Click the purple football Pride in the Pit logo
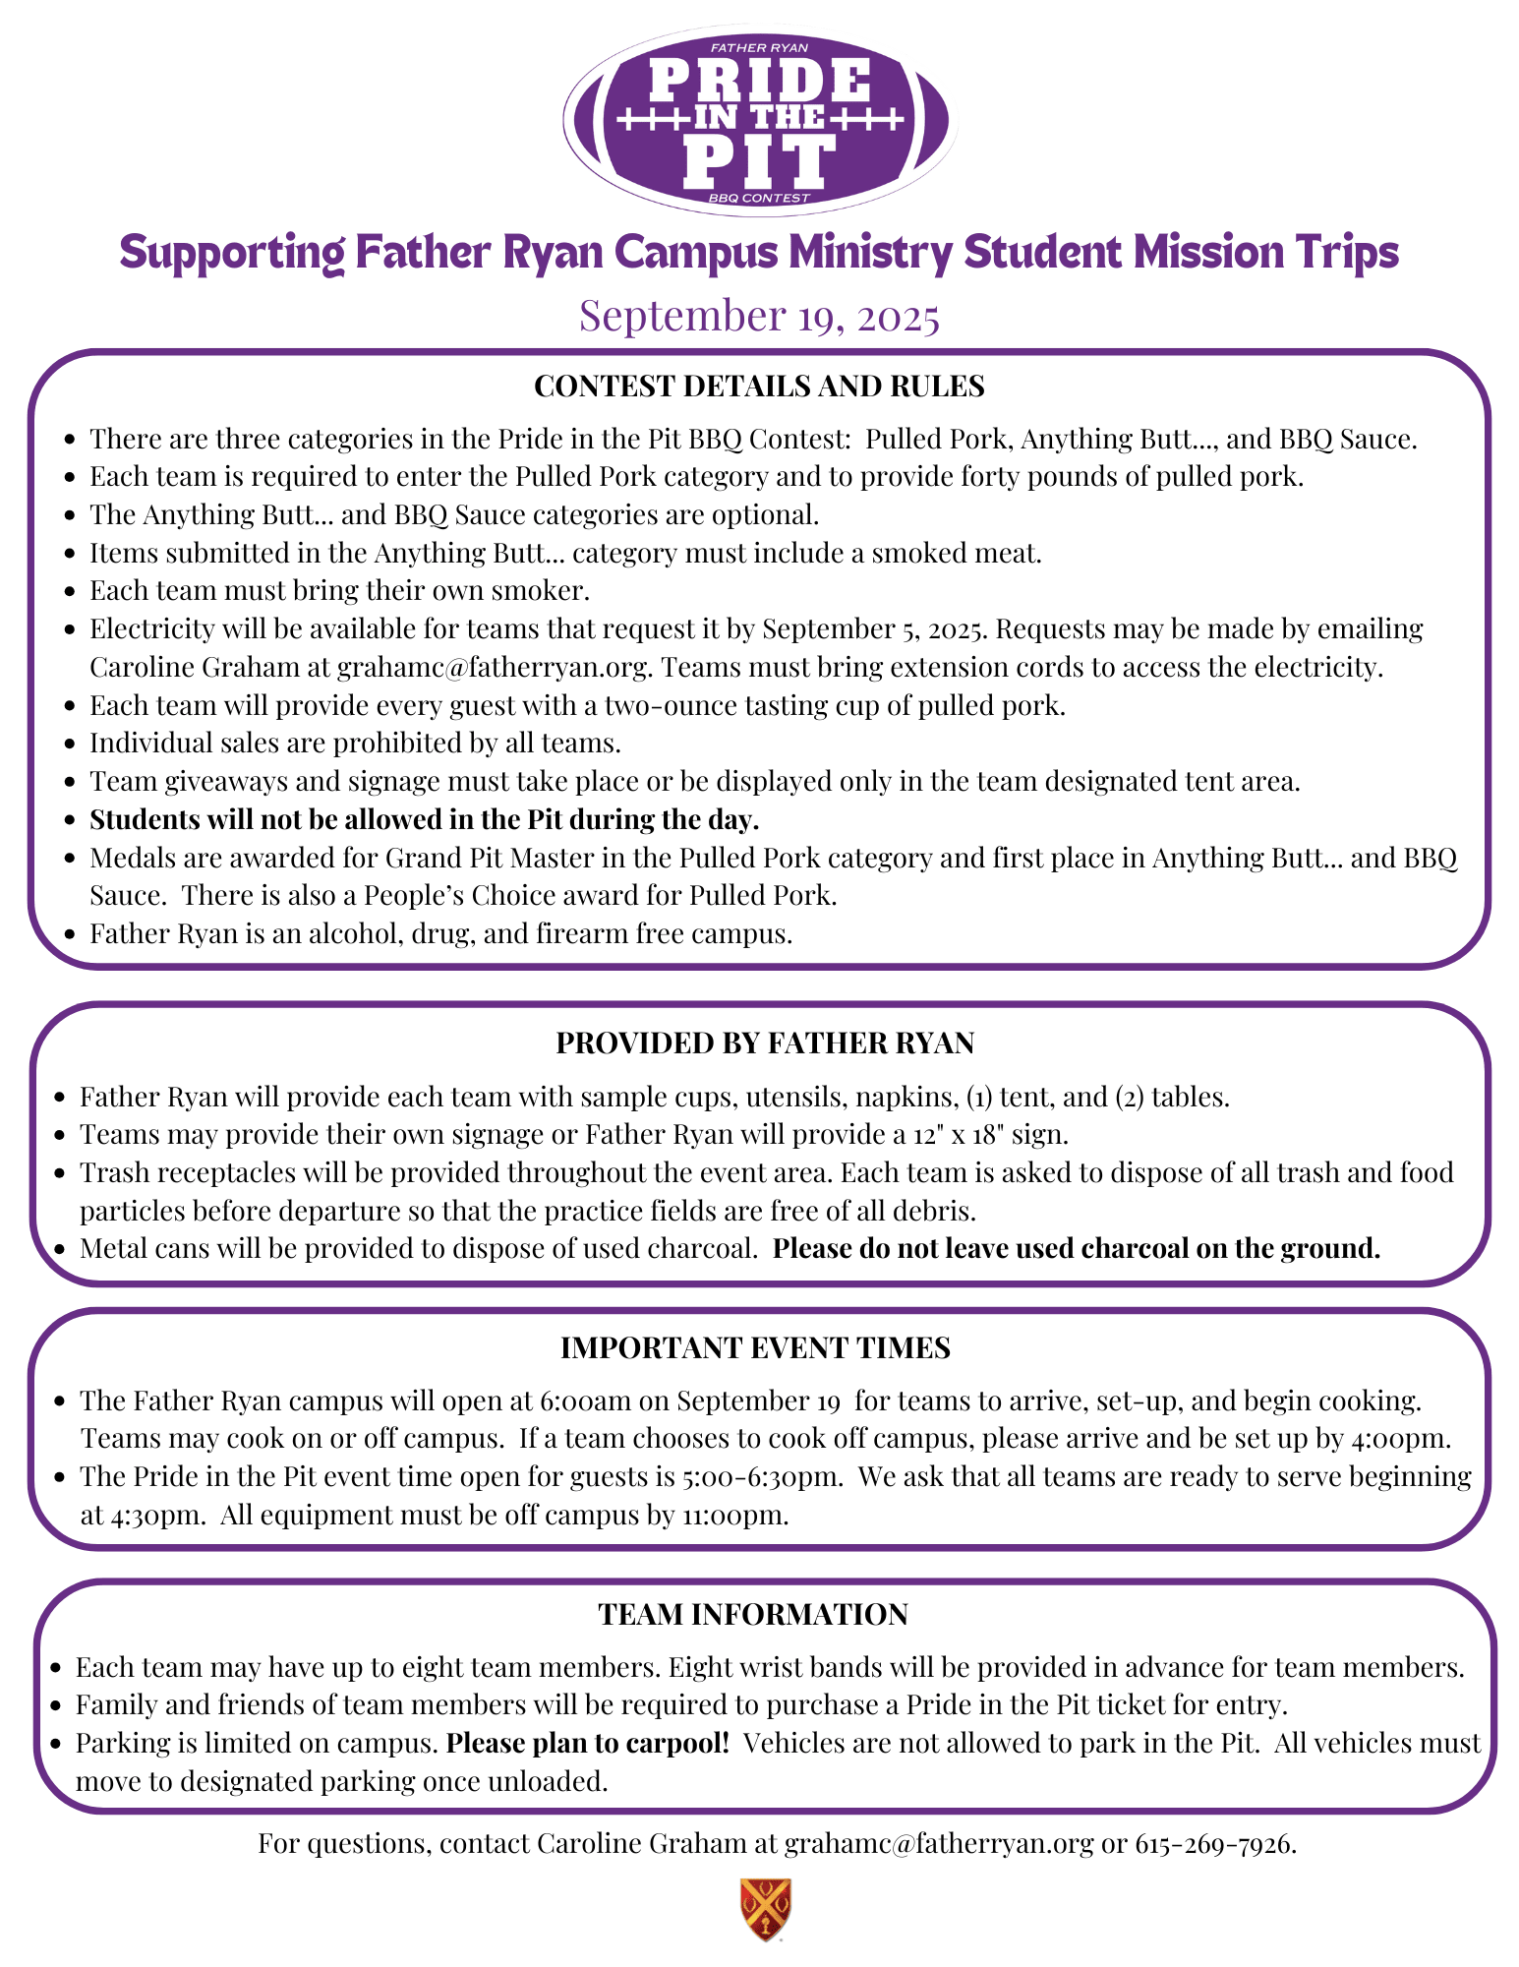coord(759,120)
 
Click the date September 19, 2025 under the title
coord(759,316)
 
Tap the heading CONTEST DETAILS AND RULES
coord(759,387)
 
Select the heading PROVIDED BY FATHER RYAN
coord(765,1043)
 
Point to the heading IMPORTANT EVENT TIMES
coord(755,1348)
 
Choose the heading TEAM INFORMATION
coord(753,1615)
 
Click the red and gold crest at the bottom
coord(765,1909)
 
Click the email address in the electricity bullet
coord(494,668)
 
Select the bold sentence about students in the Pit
coord(424,819)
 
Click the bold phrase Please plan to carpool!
coord(588,1744)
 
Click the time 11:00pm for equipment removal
coord(734,1516)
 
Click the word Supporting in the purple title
coord(232,253)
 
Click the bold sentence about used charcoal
coord(1077,1249)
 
